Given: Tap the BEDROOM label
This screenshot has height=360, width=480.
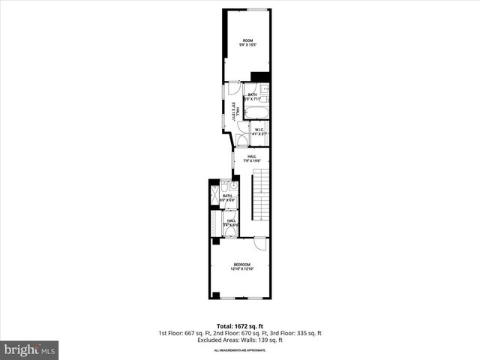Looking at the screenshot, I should pyautogui.click(x=241, y=264).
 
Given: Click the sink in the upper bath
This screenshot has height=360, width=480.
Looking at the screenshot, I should pyautogui.click(x=265, y=89).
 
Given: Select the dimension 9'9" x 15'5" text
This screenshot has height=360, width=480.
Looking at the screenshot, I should pyautogui.click(x=247, y=45).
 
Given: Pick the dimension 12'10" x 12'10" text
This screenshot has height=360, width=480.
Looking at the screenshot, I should pyautogui.click(x=241, y=268).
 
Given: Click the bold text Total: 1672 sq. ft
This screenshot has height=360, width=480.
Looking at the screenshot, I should pyautogui.click(x=240, y=326).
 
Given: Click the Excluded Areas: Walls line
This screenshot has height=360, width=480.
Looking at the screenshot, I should pyautogui.click(x=240, y=340).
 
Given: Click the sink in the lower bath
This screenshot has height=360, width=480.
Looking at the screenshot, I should pyautogui.click(x=233, y=184).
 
